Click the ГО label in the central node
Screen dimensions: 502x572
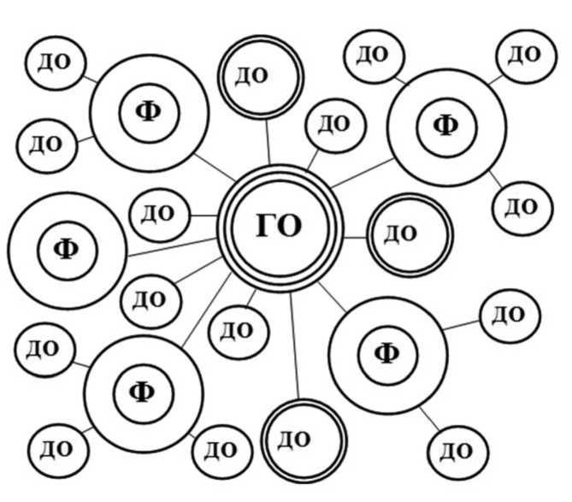(280, 227)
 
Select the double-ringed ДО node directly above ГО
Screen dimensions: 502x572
(259, 77)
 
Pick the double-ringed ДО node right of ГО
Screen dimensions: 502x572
(409, 233)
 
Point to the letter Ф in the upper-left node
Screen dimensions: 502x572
(149, 111)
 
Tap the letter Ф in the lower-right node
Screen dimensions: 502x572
(387, 351)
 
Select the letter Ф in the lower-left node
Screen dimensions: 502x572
(142, 392)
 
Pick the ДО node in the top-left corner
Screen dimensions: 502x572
(56, 62)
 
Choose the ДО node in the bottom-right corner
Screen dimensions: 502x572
(457, 450)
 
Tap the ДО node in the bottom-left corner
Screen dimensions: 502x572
(57, 448)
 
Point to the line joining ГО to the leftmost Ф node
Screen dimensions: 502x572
(171, 246)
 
